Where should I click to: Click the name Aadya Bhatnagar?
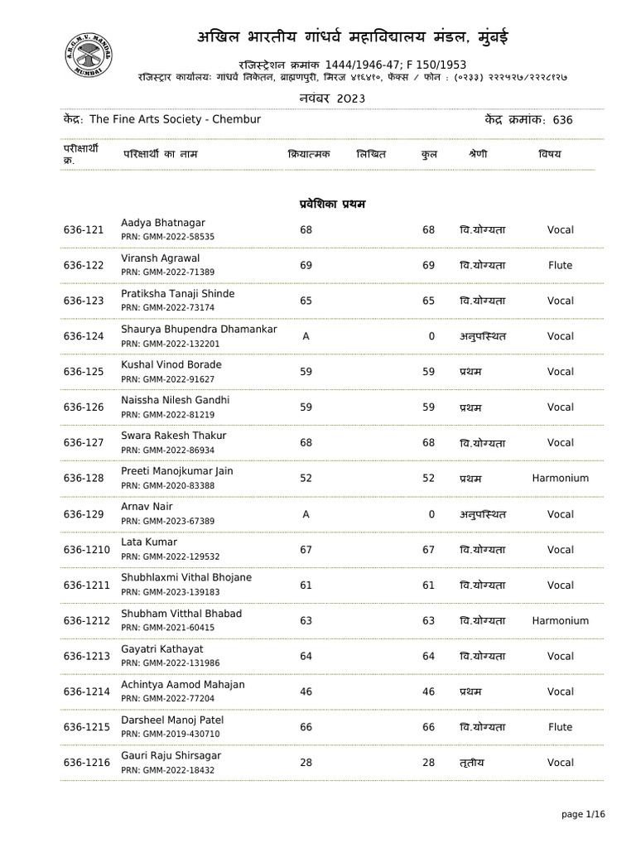point(163,224)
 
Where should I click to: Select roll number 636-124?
point(84,336)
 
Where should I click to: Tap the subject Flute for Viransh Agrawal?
point(560,266)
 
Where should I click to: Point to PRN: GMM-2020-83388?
point(167,485)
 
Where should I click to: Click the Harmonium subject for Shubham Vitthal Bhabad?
point(560,621)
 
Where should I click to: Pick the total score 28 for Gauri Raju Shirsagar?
point(428,763)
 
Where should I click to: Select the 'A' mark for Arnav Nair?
point(306,514)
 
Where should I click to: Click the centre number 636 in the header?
point(562,120)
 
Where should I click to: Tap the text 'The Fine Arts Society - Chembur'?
point(175,120)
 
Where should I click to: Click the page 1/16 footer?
point(583,815)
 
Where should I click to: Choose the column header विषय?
point(549,155)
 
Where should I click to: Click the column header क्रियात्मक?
point(309,155)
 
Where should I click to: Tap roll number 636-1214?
point(86,691)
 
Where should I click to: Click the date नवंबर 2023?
point(331,99)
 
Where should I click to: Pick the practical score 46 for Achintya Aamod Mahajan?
point(306,691)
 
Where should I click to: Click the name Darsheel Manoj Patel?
point(172,720)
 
